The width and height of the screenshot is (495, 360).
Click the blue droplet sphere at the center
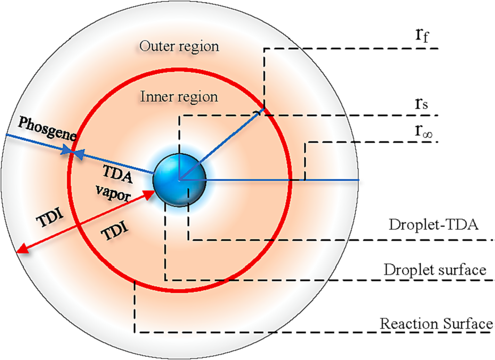179,180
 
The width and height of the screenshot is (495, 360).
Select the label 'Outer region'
179,46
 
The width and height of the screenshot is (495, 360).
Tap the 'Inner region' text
179,97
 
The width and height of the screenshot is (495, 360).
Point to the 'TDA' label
118,174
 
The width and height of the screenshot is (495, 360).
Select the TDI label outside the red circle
51,218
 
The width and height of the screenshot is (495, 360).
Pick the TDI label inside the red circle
114,231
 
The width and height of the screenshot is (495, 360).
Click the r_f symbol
422,35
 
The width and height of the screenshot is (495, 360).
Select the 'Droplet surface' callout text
435,270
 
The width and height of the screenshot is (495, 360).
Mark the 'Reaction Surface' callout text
436,323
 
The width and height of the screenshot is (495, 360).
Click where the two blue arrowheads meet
72,152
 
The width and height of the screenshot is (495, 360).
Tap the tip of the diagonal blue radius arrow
263,110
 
